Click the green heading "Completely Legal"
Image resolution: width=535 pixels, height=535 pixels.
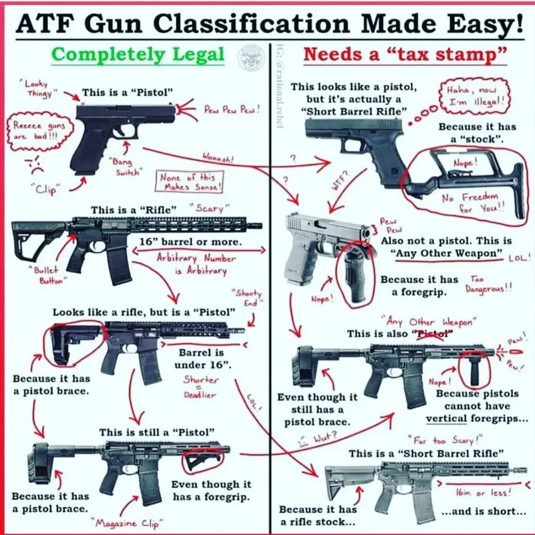[x=138, y=54]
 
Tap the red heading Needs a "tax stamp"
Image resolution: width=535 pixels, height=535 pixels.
[x=405, y=54]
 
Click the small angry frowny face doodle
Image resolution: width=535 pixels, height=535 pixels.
[x=34, y=166]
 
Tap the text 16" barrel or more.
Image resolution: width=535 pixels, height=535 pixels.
[x=190, y=242]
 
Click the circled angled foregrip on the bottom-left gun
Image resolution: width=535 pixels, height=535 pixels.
[x=203, y=460]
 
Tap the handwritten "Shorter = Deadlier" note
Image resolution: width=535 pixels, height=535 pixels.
[x=201, y=387]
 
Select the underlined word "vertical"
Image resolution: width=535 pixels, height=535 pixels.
[x=446, y=418]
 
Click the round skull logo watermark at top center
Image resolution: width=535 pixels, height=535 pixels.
[x=251, y=58]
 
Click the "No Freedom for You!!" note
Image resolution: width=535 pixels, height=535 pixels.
[x=470, y=202]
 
